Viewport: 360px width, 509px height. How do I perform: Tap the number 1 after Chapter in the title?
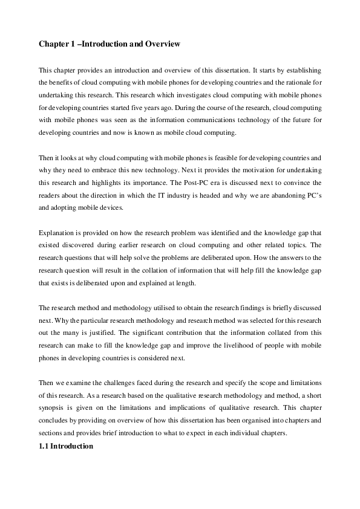tap(72, 44)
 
